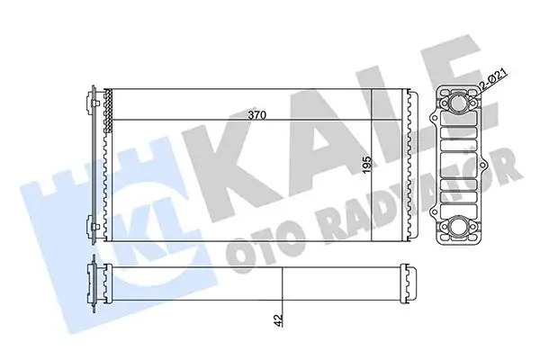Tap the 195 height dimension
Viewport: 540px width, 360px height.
(367, 166)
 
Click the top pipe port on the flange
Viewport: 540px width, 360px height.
(461, 105)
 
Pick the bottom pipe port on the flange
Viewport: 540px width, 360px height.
(460, 229)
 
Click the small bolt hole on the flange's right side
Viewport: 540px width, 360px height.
(490, 167)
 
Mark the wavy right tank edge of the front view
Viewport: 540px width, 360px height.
(410, 166)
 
